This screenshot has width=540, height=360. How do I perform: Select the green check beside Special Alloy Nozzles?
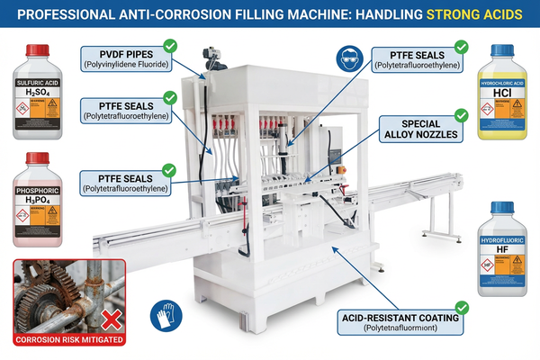[461, 113]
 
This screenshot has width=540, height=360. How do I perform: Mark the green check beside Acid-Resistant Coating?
[461, 306]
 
